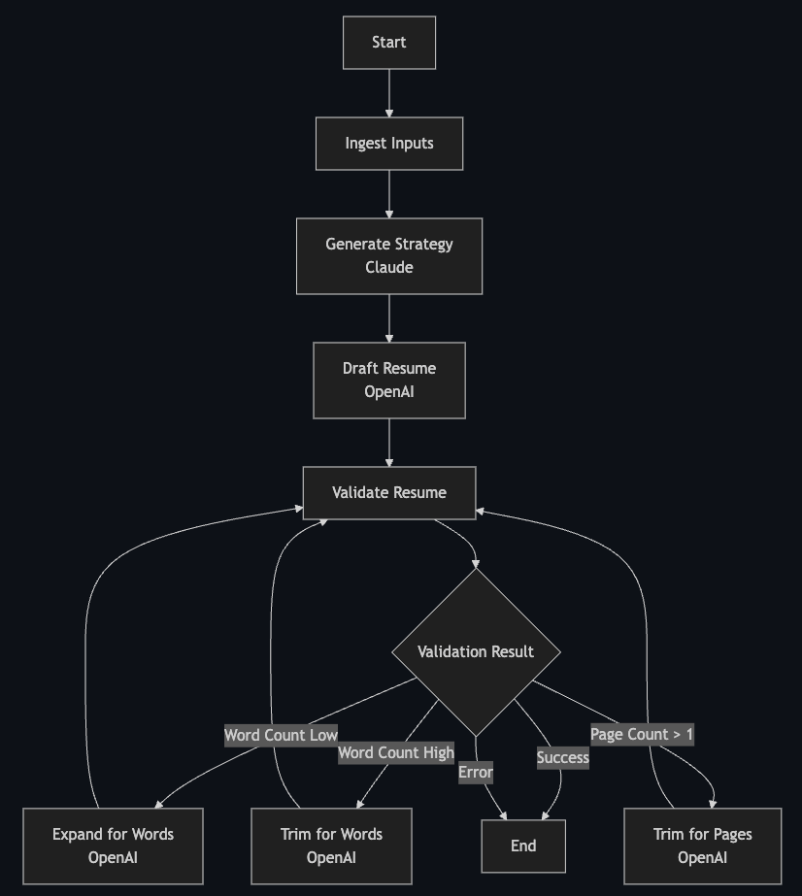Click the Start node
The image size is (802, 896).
pyautogui.click(x=389, y=43)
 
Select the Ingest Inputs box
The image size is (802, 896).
pyautogui.click(x=389, y=144)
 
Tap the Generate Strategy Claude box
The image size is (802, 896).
pyautogui.click(x=389, y=256)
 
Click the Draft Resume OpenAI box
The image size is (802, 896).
pyautogui.click(x=389, y=381)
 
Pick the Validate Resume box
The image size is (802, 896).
pyautogui.click(x=389, y=493)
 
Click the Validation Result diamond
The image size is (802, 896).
pyautogui.click(x=476, y=651)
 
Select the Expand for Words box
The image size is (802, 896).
pyautogui.click(x=114, y=846)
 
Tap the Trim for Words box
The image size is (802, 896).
pyautogui.click(x=331, y=846)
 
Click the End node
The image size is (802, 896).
pyautogui.click(x=523, y=846)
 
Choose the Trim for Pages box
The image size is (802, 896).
pyautogui.click(x=702, y=846)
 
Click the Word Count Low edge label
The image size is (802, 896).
pyautogui.click(x=281, y=735)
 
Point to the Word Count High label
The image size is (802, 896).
pyautogui.click(x=396, y=752)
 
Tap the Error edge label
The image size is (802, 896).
pyautogui.click(x=476, y=773)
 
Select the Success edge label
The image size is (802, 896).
pyautogui.click(x=563, y=757)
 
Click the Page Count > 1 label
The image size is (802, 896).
pyautogui.click(x=642, y=734)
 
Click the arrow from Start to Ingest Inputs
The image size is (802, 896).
pyautogui.click(x=389, y=93)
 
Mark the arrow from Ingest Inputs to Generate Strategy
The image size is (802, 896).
pyautogui.click(x=389, y=194)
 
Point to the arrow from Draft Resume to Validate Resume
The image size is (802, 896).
pyautogui.click(x=389, y=443)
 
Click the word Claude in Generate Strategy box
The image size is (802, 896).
pyautogui.click(x=389, y=268)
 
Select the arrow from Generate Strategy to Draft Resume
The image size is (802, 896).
pyautogui.click(x=389, y=318)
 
